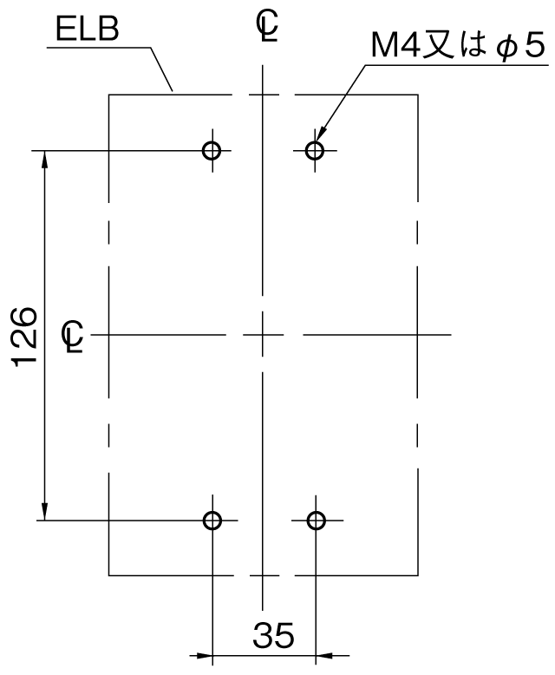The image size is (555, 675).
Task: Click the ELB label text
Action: click(x=88, y=29)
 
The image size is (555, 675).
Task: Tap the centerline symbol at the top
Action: click(x=267, y=26)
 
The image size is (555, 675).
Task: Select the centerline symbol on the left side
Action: click(x=73, y=337)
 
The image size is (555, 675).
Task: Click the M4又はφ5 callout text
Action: click(x=459, y=46)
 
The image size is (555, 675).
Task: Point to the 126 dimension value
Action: click(x=24, y=337)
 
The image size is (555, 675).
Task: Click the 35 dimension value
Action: click(x=273, y=635)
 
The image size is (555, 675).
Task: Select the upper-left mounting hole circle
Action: click(x=212, y=151)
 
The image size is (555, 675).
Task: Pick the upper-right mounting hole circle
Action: click(x=315, y=151)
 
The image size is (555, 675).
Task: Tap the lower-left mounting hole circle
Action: click(x=212, y=521)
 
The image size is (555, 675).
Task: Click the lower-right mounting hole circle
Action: click(x=317, y=521)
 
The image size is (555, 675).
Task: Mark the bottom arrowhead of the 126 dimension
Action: click(x=44, y=511)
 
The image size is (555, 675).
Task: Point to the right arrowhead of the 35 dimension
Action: click(x=325, y=656)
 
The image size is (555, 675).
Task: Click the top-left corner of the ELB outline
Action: click(x=109, y=95)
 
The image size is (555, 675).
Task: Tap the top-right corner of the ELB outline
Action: click(x=418, y=95)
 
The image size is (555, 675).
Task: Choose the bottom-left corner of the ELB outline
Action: click(x=109, y=575)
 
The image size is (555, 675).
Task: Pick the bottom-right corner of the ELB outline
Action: click(x=418, y=575)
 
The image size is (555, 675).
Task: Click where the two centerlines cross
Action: click(x=263, y=335)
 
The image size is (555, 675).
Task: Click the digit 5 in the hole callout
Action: click(x=535, y=46)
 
